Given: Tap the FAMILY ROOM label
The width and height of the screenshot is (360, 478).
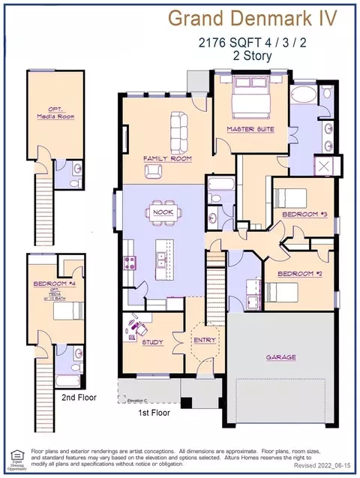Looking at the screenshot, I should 168,159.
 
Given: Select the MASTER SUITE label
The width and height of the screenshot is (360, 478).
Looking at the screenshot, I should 250,129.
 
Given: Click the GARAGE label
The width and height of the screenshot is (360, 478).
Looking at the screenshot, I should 280,357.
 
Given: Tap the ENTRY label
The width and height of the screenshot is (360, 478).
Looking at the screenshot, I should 204,340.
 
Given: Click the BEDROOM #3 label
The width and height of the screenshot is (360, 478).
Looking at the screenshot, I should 300,215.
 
